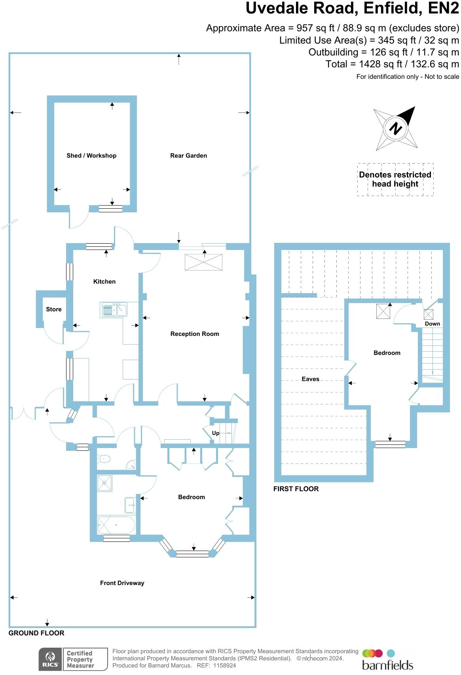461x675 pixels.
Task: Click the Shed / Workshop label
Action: click(91, 156)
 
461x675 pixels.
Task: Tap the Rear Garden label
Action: click(188, 156)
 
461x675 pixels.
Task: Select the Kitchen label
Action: click(104, 282)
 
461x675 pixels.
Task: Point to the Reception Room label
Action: click(195, 334)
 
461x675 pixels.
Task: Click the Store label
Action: click(54, 309)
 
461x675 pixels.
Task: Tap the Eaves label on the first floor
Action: click(310, 379)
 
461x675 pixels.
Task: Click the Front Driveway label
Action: click(122, 583)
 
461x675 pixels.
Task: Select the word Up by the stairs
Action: click(216, 433)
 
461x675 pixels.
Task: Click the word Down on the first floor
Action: click(433, 324)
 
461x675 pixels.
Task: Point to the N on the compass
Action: click(395, 128)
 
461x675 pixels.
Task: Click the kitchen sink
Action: click(114, 309)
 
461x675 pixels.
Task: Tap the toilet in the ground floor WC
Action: click(104, 459)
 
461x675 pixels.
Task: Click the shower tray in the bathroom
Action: click(105, 483)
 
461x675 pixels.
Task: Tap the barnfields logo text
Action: click(387, 664)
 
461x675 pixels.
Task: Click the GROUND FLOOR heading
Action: click(36, 633)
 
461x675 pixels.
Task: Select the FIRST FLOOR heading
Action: click(296, 489)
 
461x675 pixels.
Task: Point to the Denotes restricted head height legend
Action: click(395, 179)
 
